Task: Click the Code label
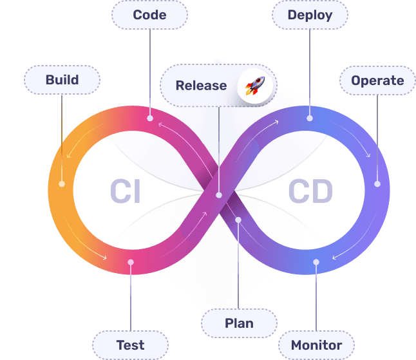(149, 15)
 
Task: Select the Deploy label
(310, 15)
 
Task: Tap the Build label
(62, 80)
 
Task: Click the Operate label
(377, 81)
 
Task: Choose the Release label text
(201, 86)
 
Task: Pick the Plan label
(239, 323)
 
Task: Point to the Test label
(130, 345)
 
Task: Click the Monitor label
(316, 345)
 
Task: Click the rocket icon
(256, 86)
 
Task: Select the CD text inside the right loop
(310, 192)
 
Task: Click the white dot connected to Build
(62, 184)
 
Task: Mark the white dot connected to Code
(150, 118)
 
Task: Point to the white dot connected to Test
(131, 262)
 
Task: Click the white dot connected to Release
(219, 194)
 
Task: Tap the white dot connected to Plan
(238, 220)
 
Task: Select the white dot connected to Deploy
(310, 118)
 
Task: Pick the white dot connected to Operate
(377, 184)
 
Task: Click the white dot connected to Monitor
(316, 262)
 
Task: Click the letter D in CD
(321, 192)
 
